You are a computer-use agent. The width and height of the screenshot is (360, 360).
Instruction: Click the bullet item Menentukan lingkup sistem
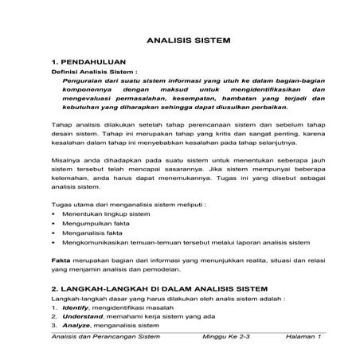(x=106, y=213)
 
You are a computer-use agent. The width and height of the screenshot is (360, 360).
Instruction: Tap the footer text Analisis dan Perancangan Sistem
(x=104, y=338)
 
